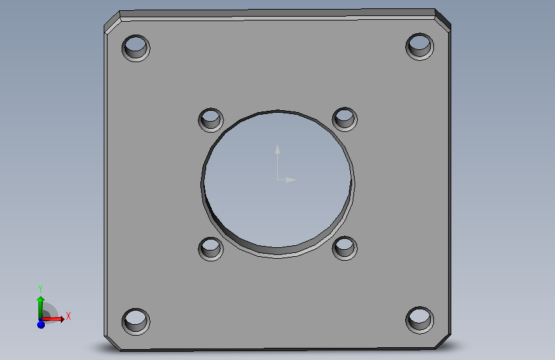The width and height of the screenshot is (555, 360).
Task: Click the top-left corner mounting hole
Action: coord(136,48)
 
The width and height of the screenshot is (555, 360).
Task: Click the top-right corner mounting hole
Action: coord(420,47)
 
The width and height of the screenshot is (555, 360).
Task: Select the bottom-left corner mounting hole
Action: coord(136,322)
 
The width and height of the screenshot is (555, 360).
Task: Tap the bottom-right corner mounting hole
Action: coord(420,320)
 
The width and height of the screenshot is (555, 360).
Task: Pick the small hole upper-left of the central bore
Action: coord(211,120)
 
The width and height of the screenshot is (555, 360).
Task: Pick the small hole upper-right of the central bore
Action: coord(345,119)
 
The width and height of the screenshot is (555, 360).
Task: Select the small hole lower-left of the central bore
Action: coord(211,249)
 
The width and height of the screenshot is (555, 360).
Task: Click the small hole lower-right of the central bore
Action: coord(345,249)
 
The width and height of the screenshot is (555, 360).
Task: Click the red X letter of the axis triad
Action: coord(68,316)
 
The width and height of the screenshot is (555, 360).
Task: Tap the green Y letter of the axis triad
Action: coord(40,289)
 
